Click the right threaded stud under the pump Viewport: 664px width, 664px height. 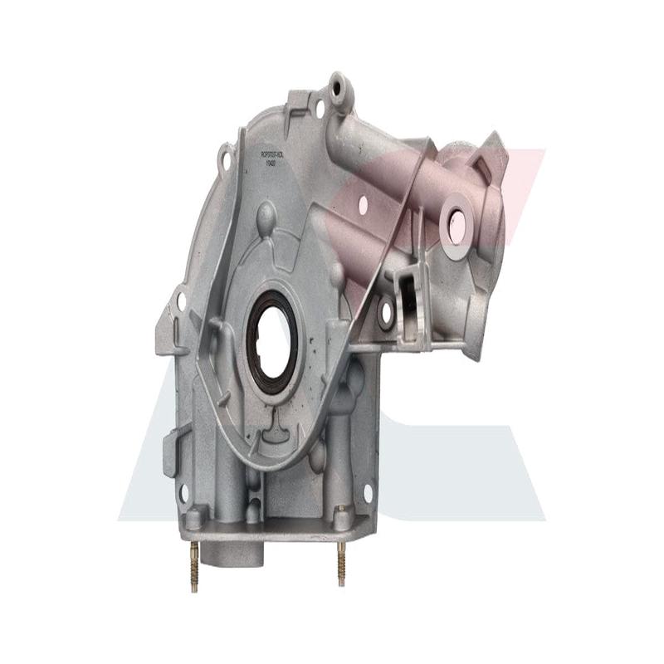341,564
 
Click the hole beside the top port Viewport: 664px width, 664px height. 319,108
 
